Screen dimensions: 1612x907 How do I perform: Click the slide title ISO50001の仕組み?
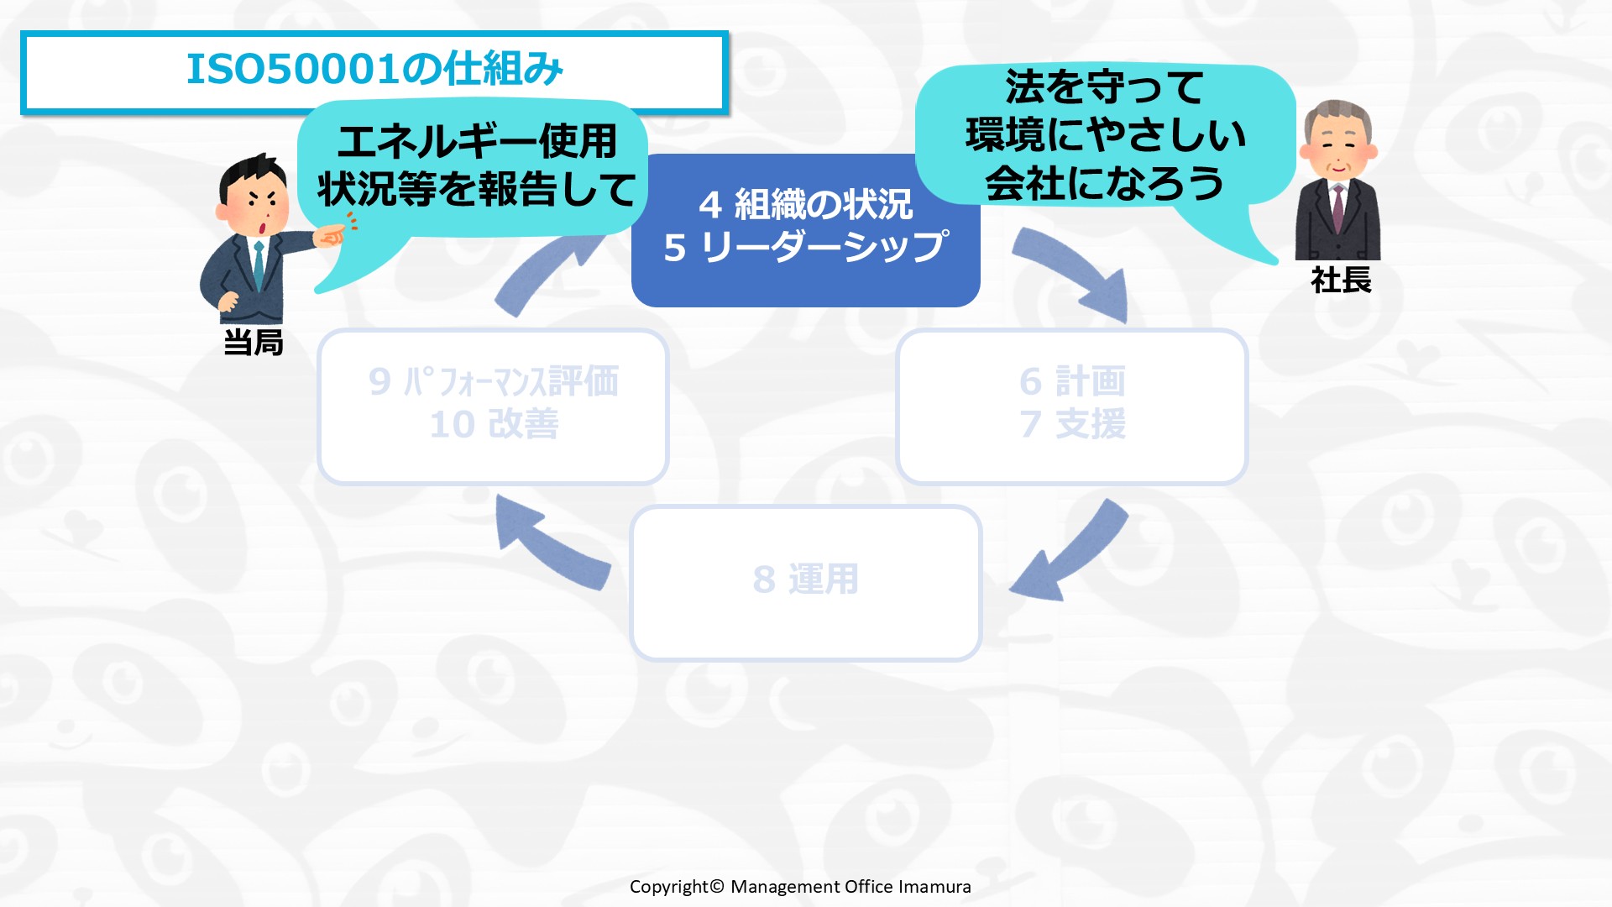pos(374,69)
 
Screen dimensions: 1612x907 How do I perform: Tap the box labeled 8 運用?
pos(806,583)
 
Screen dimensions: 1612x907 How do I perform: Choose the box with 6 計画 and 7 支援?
pos(1072,406)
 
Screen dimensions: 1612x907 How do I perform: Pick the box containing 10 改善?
pos(494,406)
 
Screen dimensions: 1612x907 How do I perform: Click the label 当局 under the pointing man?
pos(254,343)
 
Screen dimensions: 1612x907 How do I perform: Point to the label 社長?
pos(1341,280)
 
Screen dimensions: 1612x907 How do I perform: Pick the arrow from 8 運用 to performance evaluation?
pos(550,544)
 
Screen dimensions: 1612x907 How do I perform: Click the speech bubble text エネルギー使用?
pos(477,140)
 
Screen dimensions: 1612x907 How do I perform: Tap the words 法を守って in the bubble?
pos(1104,87)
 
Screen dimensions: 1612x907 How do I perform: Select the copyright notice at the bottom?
pos(800,887)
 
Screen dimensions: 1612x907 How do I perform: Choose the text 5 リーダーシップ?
pos(806,247)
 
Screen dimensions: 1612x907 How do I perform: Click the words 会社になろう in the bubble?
pos(1104,184)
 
